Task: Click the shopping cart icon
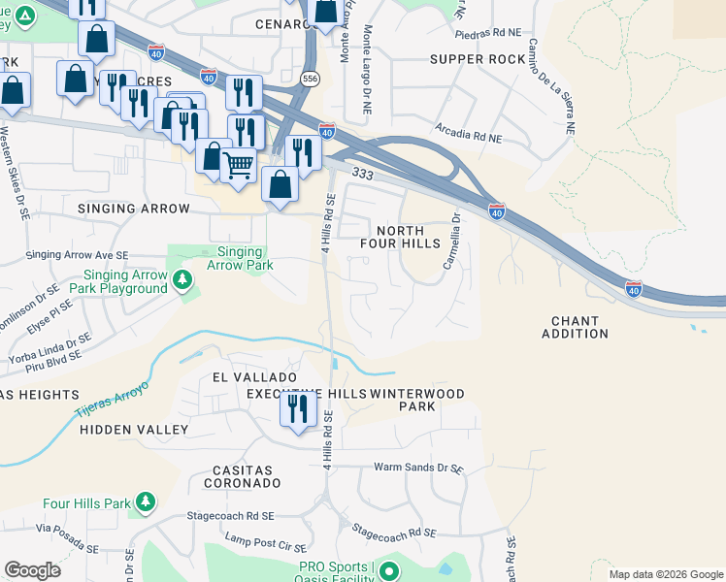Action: pos(238,165)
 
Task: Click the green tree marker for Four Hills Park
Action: pos(145,502)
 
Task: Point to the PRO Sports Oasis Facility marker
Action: pos(389,571)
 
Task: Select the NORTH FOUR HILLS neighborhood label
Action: pos(408,237)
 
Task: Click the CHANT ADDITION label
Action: pos(579,327)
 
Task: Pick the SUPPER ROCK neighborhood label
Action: pos(478,59)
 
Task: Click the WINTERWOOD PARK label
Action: pos(417,400)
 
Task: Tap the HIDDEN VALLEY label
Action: pos(134,429)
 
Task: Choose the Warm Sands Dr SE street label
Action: pos(419,468)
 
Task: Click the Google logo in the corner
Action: pos(33,570)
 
